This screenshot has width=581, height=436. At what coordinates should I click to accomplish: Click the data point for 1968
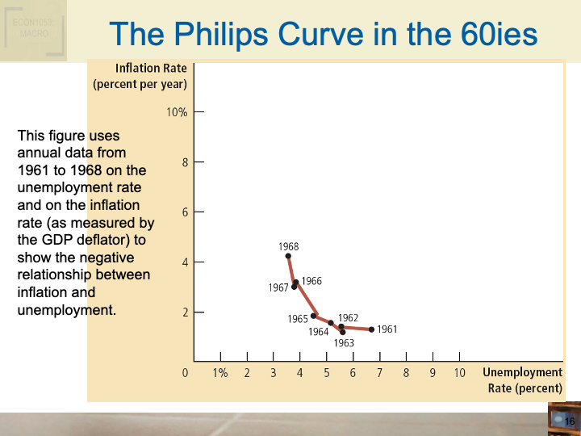288,256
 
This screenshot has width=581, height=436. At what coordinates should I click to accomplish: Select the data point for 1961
371,329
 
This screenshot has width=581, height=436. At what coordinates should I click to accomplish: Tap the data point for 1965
313,316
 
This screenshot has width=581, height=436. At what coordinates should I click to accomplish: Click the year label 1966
311,281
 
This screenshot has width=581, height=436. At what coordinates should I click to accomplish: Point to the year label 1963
344,343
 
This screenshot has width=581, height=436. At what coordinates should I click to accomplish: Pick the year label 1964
318,332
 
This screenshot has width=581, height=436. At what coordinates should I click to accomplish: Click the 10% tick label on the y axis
177,112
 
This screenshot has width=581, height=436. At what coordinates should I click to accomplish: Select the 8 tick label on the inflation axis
184,162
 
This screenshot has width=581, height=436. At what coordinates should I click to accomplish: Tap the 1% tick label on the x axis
220,373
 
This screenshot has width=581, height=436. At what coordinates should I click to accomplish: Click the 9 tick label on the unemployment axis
433,373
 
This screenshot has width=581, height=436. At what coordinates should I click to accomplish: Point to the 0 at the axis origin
185,373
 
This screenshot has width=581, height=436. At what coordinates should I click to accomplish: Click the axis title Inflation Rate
151,69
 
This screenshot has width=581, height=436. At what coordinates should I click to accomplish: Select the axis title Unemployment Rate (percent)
522,379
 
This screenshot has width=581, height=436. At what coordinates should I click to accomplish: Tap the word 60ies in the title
493,34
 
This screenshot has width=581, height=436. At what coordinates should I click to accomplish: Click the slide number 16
569,421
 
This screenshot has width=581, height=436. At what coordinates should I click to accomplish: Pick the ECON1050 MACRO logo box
32,31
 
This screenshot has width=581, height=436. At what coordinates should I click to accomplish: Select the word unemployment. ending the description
67,310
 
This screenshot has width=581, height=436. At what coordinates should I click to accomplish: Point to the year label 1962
348,318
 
